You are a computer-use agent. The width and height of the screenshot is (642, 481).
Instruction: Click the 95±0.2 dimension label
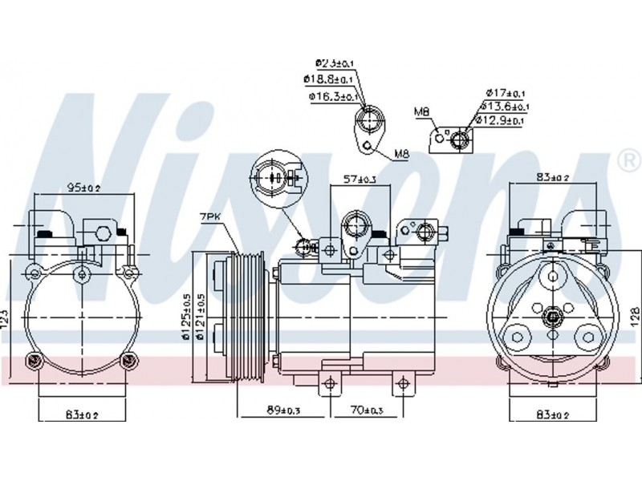[83, 189]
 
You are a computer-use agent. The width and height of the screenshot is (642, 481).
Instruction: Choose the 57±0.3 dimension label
[360, 180]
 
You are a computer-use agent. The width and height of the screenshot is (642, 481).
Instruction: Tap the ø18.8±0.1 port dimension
[326, 79]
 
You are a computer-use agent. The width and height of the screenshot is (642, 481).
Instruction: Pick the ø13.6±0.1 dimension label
[504, 106]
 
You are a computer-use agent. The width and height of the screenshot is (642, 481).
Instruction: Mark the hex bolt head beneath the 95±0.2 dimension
[103, 234]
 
